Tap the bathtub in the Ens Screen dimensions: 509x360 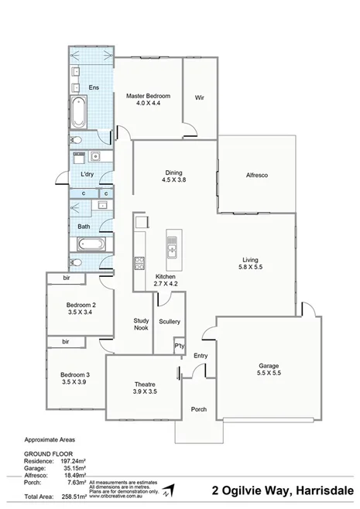click(x=79, y=114)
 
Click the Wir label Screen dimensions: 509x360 click(x=199, y=97)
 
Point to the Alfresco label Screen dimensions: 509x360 click(x=256, y=176)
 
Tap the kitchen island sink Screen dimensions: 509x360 click(x=171, y=248)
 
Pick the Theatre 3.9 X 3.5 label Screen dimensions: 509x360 click(x=145, y=388)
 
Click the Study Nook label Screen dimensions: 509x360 click(x=140, y=324)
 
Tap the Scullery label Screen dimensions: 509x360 click(x=169, y=320)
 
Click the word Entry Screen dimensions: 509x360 click(x=201, y=356)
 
